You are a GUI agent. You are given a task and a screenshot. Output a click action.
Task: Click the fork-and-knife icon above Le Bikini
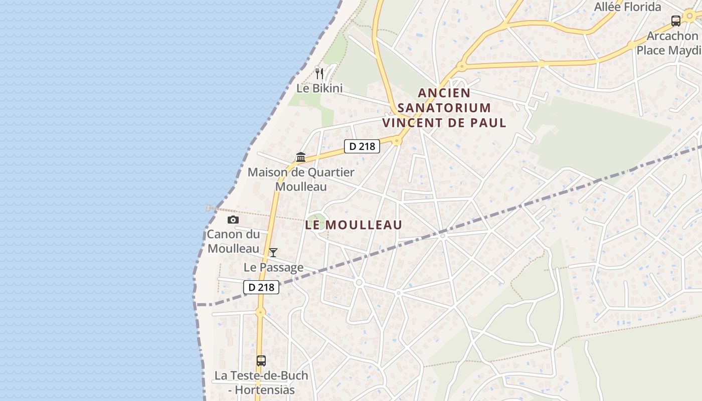click(x=319, y=74)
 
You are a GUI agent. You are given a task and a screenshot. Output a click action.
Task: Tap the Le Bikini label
click(x=319, y=88)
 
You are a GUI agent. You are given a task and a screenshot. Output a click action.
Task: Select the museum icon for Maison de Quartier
click(x=301, y=157)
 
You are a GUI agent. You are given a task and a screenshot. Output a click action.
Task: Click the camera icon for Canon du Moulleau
click(x=233, y=220)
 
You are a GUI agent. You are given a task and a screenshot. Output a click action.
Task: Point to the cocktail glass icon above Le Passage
click(x=273, y=252)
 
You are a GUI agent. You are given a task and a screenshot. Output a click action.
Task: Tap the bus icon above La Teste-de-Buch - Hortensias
click(x=261, y=360)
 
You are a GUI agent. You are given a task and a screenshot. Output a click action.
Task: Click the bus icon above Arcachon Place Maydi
click(x=676, y=21)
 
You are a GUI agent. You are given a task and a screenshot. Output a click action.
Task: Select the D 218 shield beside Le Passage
click(x=261, y=287)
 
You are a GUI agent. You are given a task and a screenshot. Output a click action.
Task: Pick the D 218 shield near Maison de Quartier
click(x=362, y=146)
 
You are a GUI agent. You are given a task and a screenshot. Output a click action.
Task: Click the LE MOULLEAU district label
click(x=354, y=225)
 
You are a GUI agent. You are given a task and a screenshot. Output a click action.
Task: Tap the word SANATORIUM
click(x=444, y=108)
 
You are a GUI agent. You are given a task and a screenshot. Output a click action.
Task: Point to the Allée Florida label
click(x=627, y=7)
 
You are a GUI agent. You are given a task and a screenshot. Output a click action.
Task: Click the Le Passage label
click(x=273, y=267)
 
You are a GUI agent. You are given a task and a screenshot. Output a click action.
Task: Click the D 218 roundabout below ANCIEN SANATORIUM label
click(x=397, y=141)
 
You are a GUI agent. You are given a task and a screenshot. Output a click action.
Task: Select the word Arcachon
click(x=672, y=36)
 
